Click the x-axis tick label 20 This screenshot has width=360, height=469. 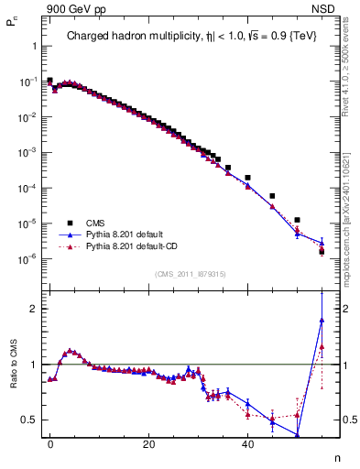click(x=149, y=442)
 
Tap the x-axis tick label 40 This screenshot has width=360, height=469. click(x=247, y=442)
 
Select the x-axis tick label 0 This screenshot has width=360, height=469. click(x=50, y=442)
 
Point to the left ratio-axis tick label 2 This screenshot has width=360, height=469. click(x=32, y=309)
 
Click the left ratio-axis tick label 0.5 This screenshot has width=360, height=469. click(x=27, y=420)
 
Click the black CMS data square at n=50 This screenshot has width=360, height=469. click(x=297, y=220)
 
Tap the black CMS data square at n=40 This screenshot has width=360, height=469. click(x=247, y=177)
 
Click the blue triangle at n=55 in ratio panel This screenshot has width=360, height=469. click(x=322, y=320)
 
